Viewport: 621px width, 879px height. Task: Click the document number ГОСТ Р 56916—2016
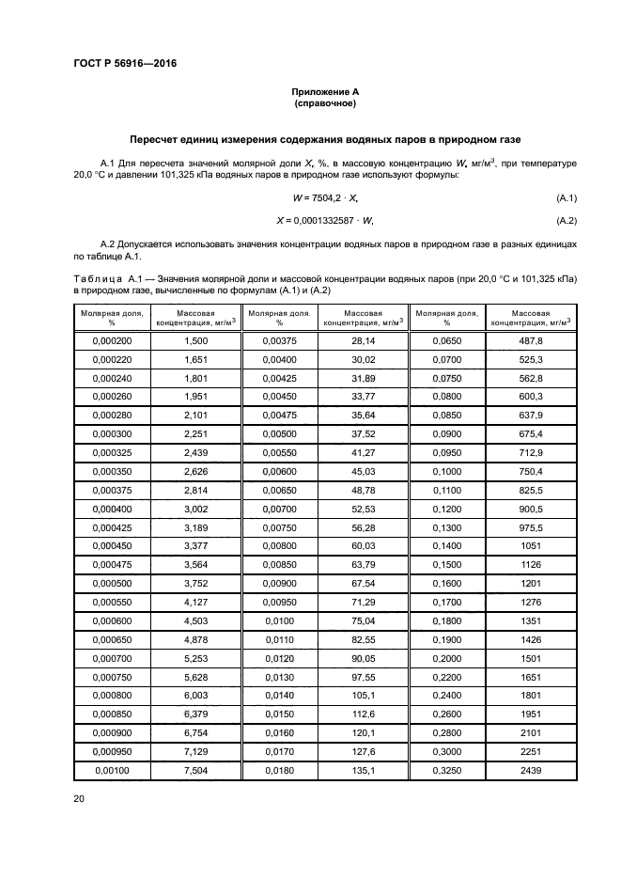point(125,64)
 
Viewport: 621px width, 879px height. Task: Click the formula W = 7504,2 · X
point(326,197)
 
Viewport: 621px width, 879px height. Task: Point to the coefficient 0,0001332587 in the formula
point(326,221)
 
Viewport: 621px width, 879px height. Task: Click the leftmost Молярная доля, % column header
point(112,317)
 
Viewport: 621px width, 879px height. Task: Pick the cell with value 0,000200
point(112,340)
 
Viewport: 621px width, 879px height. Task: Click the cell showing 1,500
point(195,340)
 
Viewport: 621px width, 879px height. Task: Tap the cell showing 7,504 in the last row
point(195,771)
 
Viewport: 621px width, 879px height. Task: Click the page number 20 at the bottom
point(78,798)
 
